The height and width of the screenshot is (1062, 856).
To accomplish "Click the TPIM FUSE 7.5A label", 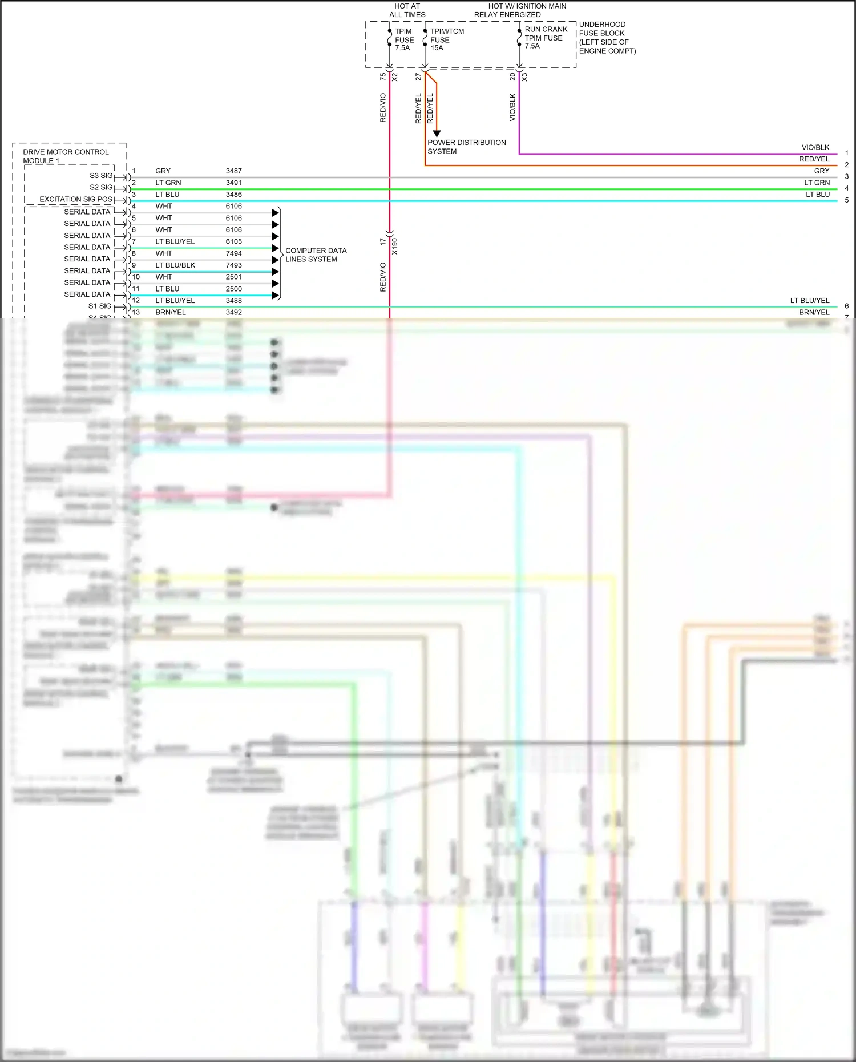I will click(404, 40).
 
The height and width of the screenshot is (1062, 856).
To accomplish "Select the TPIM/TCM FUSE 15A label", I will click(446, 40).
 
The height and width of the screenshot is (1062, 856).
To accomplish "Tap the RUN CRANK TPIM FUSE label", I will click(546, 38).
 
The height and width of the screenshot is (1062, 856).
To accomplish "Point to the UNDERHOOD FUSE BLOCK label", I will click(607, 38).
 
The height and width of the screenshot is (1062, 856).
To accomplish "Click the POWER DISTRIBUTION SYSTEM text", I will click(466, 147).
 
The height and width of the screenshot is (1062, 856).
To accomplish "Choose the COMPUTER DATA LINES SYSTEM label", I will click(316, 255).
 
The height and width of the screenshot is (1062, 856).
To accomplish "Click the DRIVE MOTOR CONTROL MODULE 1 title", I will click(65, 156).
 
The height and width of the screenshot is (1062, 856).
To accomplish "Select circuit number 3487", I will click(233, 171).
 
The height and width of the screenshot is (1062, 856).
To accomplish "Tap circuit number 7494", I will click(233, 253).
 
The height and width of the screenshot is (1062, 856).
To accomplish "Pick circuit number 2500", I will click(233, 289).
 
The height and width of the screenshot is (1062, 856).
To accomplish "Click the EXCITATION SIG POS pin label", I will click(76, 200).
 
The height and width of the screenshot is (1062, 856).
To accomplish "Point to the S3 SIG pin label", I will click(101, 176).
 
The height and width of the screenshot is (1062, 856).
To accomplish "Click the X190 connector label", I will click(395, 246).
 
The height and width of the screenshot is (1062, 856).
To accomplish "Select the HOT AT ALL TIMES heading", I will click(407, 10).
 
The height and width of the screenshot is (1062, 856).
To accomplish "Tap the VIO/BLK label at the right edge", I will click(815, 147).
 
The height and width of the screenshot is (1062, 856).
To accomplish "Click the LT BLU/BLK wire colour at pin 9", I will click(175, 265).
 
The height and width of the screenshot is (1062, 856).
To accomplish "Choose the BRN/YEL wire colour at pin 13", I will click(171, 313).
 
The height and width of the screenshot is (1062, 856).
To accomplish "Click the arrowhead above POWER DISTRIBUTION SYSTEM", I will click(437, 134).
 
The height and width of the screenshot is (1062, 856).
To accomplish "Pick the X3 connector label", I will click(524, 77).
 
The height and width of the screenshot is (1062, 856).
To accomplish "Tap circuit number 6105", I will click(233, 241).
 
